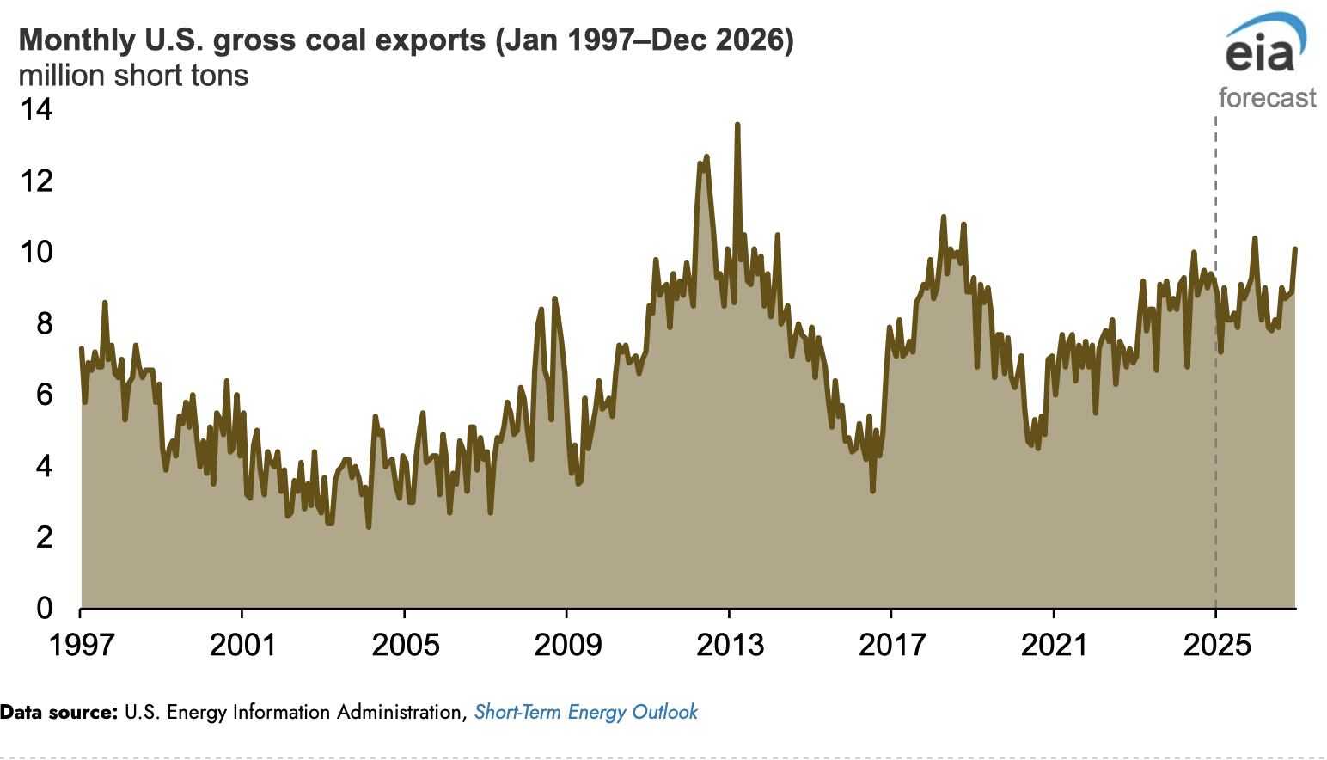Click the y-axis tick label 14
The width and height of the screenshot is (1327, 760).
pyautogui.click(x=37, y=109)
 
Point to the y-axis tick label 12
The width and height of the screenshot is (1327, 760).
pyautogui.click(x=37, y=181)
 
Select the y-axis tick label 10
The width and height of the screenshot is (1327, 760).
pyautogui.click(x=37, y=252)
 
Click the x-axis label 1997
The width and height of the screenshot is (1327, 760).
pyautogui.click(x=81, y=645)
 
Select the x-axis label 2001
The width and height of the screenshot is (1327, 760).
pyautogui.click(x=242, y=645)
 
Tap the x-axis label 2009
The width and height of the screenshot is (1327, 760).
pyautogui.click(x=567, y=645)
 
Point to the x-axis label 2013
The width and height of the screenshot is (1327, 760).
pyautogui.click(x=730, y=645)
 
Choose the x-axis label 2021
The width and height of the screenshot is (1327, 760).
pyautogui.click(x=1054, y=645)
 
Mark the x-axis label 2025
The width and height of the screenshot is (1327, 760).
pyautogui.click(x=1216, y=645)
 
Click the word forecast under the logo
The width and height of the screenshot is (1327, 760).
pyautogui.click(x=1267, y=98)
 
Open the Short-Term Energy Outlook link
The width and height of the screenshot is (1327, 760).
pyautogui.click(x=585, y=712)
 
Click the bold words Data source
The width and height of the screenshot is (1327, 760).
pyautogui.click(x=58, y=712)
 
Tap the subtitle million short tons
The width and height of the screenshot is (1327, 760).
pyautogui.click(x=133, y=76)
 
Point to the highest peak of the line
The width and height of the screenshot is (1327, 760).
pyautogui.click(x=737, y=126)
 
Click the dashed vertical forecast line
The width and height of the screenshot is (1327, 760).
pyautogui.click(x=1215, y=344)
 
